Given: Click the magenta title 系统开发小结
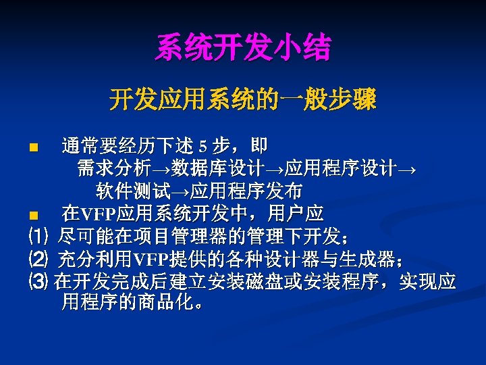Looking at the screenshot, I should point(243,48).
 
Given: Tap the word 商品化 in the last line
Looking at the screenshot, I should point(163,301).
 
